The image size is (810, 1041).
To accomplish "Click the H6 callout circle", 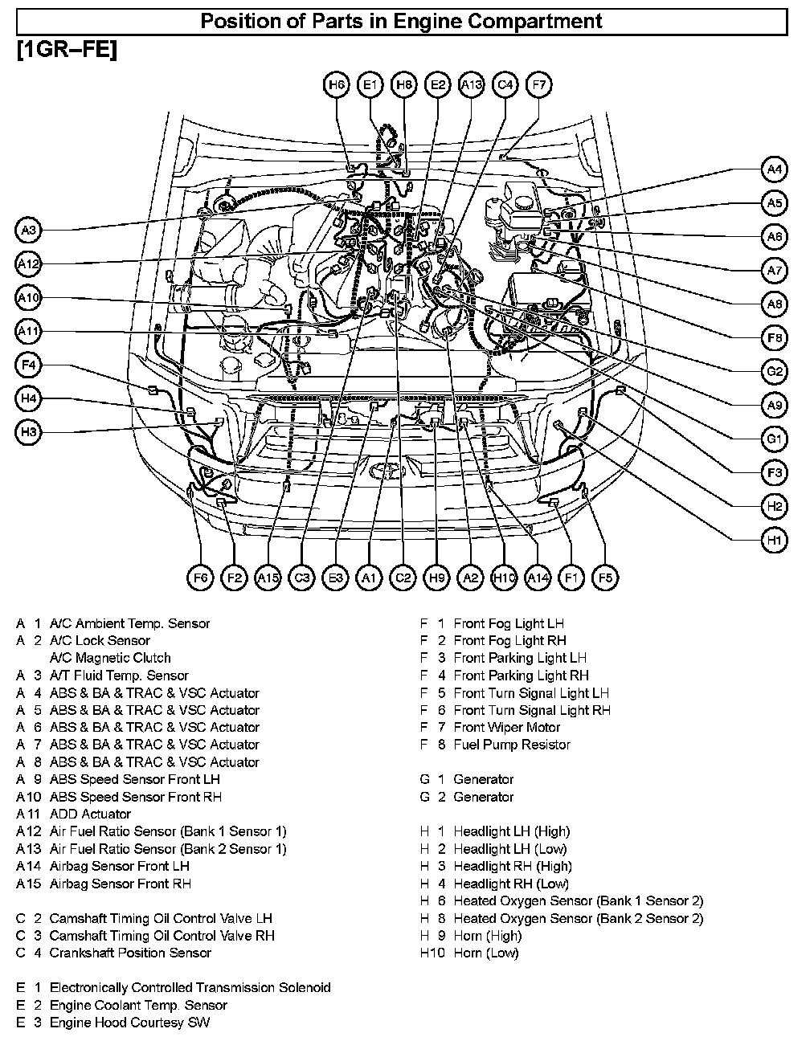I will (336, 85).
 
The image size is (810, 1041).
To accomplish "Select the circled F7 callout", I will (538, 85).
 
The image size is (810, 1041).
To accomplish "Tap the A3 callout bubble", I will (29, 231).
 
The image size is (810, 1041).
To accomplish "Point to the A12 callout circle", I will (29, 264).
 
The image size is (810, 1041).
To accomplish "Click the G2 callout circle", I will (774, 372).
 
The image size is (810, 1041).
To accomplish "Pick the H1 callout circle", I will (774, 541).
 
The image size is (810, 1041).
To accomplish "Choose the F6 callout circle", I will (200, 578).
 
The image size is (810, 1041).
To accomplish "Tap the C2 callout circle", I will (403, 578).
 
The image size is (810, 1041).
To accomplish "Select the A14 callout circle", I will (538, 578).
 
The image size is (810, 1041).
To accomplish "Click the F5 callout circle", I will (605, 578).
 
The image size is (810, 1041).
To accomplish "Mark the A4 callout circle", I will (774, 169).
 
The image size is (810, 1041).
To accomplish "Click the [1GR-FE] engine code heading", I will (67, 50).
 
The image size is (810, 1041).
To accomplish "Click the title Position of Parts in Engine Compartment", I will (401, 21).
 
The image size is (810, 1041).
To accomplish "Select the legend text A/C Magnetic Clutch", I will (110, 658).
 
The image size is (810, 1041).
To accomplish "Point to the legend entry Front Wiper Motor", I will (506, 728).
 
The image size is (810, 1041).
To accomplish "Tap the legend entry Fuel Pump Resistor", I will (511, 745).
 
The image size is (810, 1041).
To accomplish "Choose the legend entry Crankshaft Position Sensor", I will (130, 953).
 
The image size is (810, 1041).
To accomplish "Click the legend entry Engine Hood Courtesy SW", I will (129, 1023).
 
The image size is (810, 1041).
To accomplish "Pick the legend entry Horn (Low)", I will (485, 953).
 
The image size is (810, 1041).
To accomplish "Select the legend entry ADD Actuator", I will (90, 814).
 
